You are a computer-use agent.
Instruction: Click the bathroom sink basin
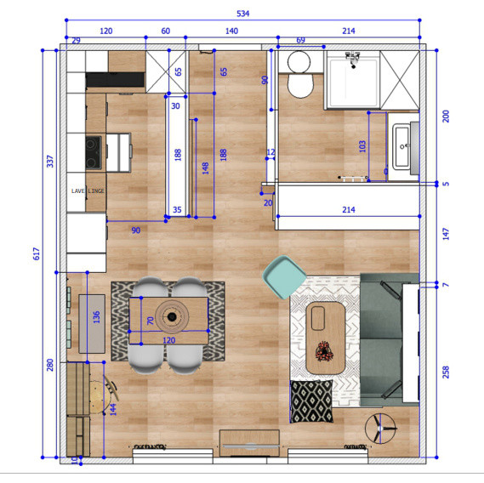[403, 146]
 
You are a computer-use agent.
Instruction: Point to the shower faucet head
[350, 58]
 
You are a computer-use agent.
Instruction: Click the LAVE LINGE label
[88, 191]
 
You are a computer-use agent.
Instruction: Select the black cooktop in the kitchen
[93, 153]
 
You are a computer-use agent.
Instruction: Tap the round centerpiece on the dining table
[173, 317]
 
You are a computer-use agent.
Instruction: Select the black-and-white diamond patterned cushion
[312, 400]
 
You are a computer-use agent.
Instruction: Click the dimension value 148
[203, 168]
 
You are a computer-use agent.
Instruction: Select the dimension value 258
[444, 372]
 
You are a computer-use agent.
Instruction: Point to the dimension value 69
[300, 41]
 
